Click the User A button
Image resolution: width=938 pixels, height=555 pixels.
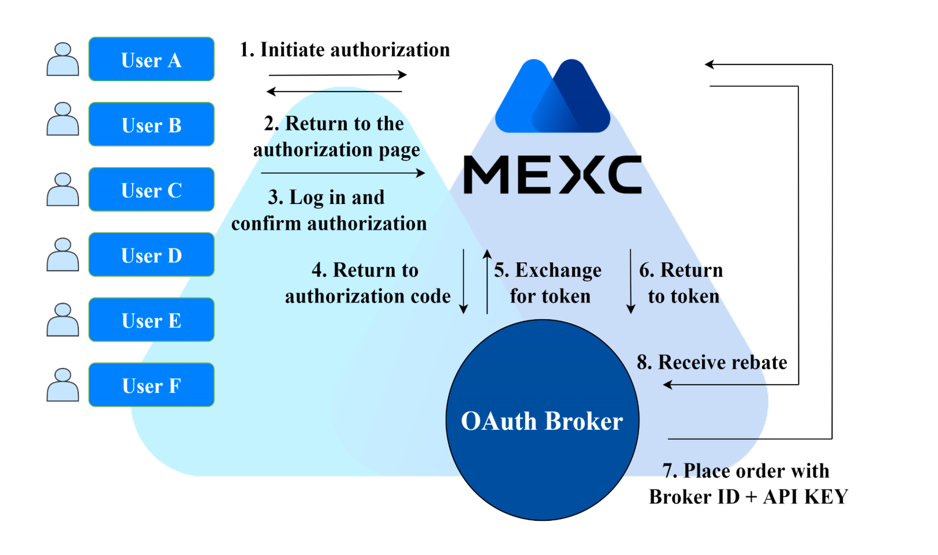click(x=151, y=59)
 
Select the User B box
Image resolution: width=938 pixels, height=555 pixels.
click(x=151, y=125)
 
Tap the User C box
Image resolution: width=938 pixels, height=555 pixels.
click(x=151, y=189)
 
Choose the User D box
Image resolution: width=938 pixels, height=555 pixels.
click(x=151, y=255)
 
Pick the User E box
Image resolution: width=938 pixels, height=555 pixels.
click(x=151, y=320)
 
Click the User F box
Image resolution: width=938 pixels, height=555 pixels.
click(x=151, y=385)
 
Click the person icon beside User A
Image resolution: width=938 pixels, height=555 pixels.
click(x=63, y=59)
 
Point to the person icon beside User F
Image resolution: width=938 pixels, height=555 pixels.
click(x=63, y=385)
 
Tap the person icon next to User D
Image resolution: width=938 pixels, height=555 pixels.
click(x=63, y=254)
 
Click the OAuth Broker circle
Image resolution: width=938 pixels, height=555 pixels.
click(x=542, y=420)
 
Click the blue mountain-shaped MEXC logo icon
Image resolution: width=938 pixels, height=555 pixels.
click(x=552, y=96)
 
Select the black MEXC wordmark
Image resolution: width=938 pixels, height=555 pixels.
click(x=552, y=174)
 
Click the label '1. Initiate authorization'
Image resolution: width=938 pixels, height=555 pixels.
click(x=345, y=50)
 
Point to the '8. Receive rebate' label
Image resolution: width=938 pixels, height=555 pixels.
click(x=712, y=363)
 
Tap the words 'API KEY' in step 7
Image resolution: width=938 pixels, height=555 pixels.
click(x=806, y=497)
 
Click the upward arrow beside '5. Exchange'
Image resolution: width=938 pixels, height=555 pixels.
click(x=487, y=282)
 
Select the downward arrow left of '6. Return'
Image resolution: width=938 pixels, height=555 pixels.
click(x=631, y=282)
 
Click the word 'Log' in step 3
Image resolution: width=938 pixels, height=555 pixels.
click(x=307, y=198)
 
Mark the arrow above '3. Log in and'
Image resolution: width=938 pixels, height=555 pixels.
click(x=343, y=173)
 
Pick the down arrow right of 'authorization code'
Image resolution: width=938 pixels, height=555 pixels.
click(x=464, y=282)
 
